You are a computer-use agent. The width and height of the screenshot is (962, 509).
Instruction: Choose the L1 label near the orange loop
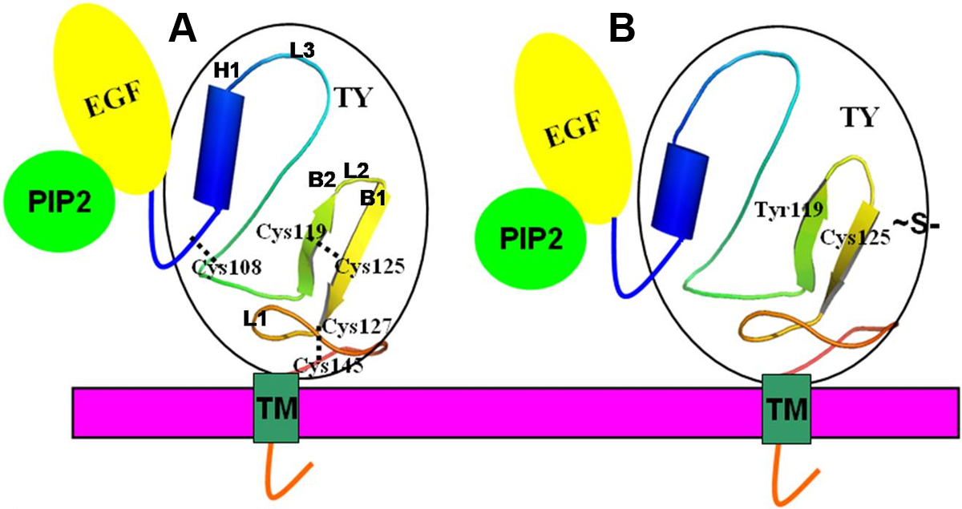click(257, 319)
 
